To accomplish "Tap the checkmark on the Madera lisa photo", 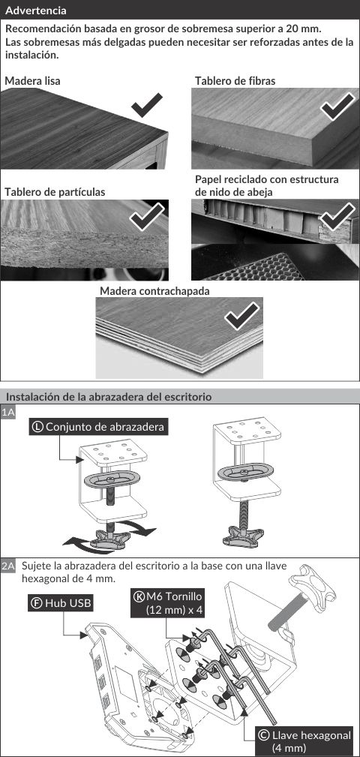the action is [x=147, y=105].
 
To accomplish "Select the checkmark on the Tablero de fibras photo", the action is [x=337, y=108].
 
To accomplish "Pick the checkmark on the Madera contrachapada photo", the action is [x=242, y=317].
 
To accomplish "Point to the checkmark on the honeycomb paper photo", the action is [x=337, y=217].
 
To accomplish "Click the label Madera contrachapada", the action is [x=154, y=291].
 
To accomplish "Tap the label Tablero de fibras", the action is [x=235, y=80].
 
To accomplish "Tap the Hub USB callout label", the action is [x=60, y=603].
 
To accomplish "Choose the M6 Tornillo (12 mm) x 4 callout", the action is [x=169, y=603].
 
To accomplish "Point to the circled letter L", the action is [x=37, y=427].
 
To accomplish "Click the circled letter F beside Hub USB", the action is [x=36, y=603].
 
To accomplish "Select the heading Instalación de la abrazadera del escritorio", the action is [x=109, y=398].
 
